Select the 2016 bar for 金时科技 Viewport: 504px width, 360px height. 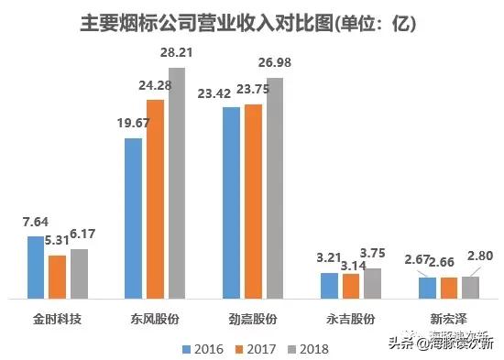coord(36,267)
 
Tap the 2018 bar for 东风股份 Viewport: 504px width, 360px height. coord(177,182)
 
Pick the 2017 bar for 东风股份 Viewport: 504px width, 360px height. coord(155,198)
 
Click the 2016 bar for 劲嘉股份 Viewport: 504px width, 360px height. coord(233,202)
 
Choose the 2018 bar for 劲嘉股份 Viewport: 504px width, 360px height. coord(275,188)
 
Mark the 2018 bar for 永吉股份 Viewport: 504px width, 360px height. coord(372,282)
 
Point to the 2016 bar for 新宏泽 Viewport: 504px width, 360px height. coord(428,287)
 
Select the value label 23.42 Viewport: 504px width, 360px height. coord(220,93)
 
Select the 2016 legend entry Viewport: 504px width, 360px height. coord(205,348)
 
